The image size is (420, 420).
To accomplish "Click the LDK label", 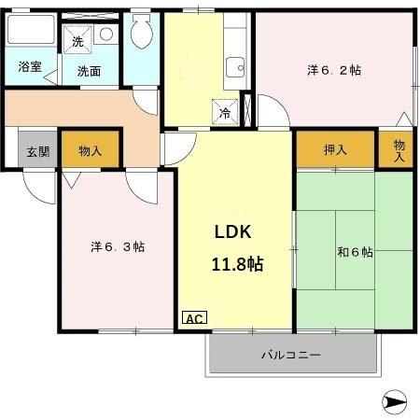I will (234, 233).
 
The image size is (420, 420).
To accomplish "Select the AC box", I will (194, 319).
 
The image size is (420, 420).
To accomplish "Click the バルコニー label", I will (290, 355).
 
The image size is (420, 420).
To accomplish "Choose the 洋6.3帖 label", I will (118, 246).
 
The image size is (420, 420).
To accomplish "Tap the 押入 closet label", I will (335, 148).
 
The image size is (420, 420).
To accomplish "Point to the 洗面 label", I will (89, 71).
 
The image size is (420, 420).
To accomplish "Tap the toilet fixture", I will (143, 35).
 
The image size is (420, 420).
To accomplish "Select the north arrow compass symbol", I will (396, 403).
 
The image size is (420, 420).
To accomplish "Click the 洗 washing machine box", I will (78, 39).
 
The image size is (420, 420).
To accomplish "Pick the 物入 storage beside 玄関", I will (91, 149).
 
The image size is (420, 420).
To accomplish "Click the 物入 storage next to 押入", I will (399, 149).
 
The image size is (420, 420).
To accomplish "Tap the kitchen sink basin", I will (236, 67).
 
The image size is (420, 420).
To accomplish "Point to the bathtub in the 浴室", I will (31, 35).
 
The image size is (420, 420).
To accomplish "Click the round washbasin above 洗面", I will (105, 35).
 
